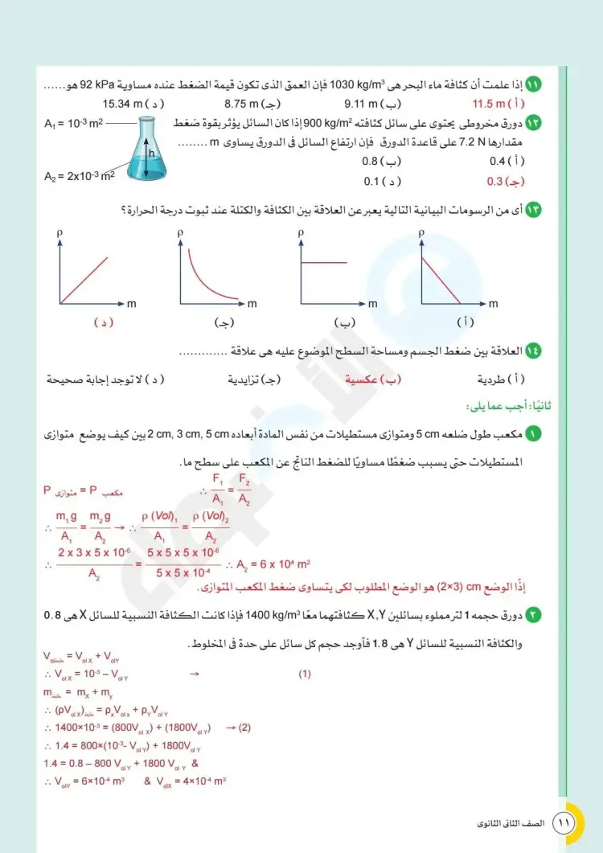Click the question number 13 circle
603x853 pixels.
pos(532,211)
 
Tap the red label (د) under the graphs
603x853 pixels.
pos(102,322)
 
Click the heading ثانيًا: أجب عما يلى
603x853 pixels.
pos(505,405)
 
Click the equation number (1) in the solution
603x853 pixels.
pos(304,674)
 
